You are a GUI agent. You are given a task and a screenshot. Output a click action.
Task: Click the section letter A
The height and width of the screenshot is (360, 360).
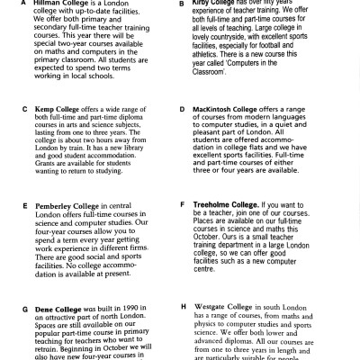pyautogui.click(x=11, y=4)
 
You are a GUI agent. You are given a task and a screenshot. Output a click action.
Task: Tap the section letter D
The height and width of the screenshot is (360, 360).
pyautogui.click(x=183, y=109)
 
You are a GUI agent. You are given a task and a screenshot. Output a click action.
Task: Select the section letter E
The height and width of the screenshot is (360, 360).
pyautogui.click(x=12, y=205)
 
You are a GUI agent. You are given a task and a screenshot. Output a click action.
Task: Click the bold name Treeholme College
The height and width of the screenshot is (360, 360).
pyautogui.click(x=238, y=205)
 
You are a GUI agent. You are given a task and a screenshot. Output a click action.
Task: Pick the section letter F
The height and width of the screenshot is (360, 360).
pyautogui.click(x=183, y=205)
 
